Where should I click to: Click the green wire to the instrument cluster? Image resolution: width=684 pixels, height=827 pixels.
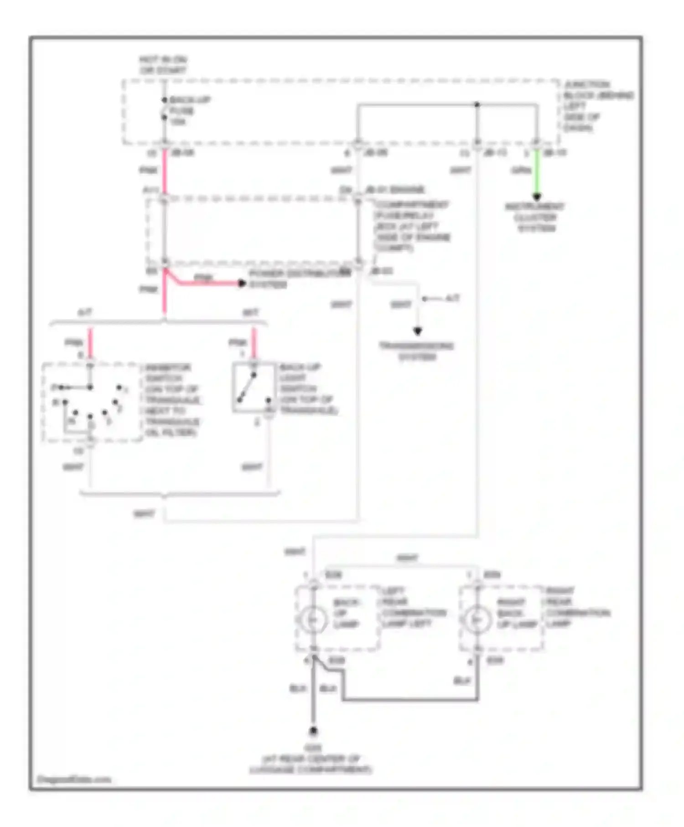[x=537, y=173]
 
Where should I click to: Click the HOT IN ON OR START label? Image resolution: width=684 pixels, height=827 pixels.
[x=163, y=65]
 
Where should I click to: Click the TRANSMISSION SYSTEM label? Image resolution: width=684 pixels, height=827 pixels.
[x=417, y=351]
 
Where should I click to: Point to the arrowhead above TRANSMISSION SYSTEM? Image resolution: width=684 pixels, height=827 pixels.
[x=417, y=331]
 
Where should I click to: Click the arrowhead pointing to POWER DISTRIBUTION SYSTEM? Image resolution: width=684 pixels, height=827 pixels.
[x=242, y=284]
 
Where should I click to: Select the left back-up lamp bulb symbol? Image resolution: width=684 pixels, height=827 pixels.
[x=313, y=619]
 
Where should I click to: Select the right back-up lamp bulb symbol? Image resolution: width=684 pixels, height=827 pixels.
[x=477, y=619]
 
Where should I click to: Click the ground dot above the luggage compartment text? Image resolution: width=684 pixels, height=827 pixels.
[x=313, y=731]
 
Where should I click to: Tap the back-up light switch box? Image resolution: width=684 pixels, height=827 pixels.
[x=254, y=388]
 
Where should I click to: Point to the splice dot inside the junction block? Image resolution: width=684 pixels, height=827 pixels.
[x=477, y=105]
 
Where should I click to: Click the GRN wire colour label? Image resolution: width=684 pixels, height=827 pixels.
[x=520, y=171]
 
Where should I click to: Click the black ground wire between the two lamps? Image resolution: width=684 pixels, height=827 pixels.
[x=410, y=699]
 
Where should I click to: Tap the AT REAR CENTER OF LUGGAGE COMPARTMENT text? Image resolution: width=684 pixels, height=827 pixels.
[x=311, y=764]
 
